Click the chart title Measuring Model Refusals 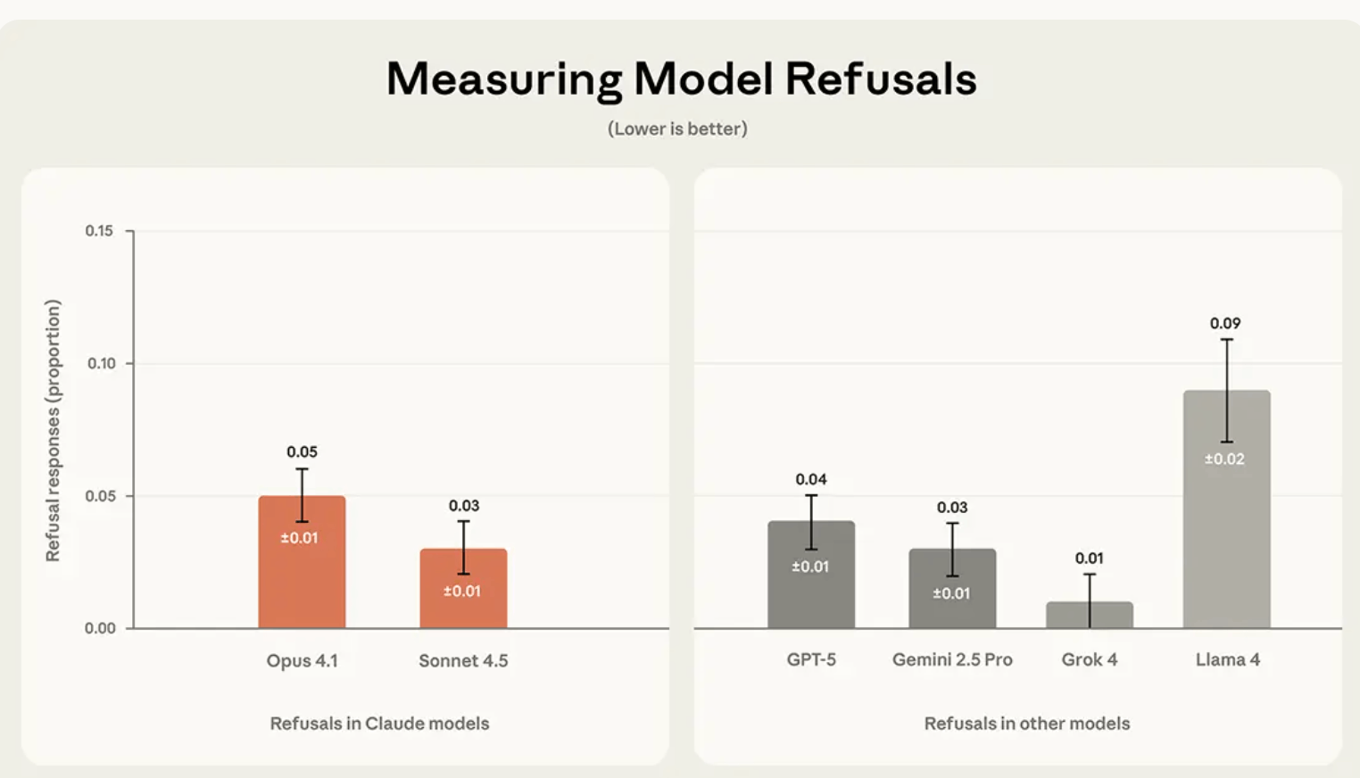pos(681,79)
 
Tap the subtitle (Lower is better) pos(677,128)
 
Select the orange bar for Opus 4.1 pos(302,571)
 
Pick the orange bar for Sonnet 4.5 pos(463,598)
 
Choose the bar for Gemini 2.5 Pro pos(952,598)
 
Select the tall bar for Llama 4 pos(1226,517)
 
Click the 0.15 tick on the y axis pos(99,231)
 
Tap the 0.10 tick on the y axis pos(101,363)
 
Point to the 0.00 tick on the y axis pos(100,628)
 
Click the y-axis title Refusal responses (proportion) pos(53,430)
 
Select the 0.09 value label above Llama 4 pos(1225,323)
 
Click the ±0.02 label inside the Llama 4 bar pos(1224,459)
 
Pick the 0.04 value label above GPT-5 pos(811,479)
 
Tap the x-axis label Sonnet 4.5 pos(463,661)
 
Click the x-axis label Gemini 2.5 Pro pos(952,660)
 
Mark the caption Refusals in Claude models pos(379,724)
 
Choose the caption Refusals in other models pos(1026,724)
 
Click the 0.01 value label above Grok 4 pos(1089,559)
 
